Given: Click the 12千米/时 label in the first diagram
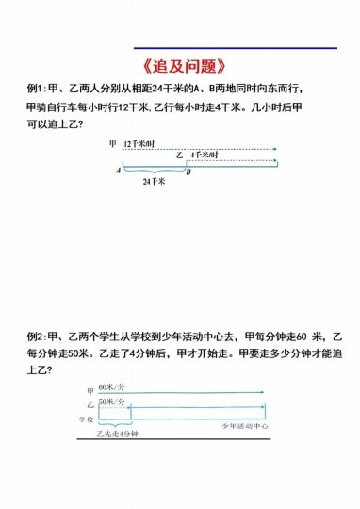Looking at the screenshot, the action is (140, 143).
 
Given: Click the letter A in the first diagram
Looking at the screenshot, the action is (119, 172).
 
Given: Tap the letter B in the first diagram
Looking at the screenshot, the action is (188, 172).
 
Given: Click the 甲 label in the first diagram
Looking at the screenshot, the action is (113, 143).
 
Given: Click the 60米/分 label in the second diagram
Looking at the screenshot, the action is (112, 388).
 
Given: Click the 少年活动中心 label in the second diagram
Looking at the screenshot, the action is (246, 426).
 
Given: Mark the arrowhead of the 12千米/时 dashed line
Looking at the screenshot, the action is (275, 149).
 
